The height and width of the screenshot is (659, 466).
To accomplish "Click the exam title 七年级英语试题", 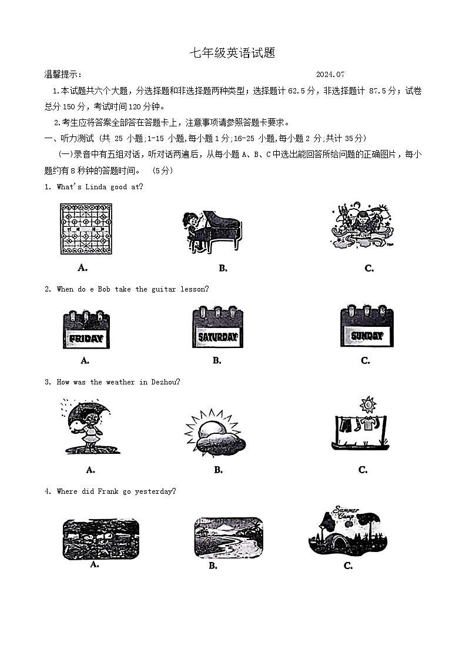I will (232, 53).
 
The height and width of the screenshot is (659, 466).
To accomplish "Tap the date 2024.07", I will (330, 75).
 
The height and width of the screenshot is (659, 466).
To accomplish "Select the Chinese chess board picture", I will (86, 229).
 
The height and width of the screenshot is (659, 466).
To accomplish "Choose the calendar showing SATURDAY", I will (217, 327).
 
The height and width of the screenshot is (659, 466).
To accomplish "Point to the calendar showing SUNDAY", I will (367, 326).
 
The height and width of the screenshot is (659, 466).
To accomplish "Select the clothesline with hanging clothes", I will (363, 426).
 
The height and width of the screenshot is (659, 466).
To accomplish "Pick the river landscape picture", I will (228, 537).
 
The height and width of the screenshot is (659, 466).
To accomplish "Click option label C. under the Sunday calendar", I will (366, 361).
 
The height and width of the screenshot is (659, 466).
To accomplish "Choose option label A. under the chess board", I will (83, 268).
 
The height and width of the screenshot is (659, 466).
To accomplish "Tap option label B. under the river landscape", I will (213, 566).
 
